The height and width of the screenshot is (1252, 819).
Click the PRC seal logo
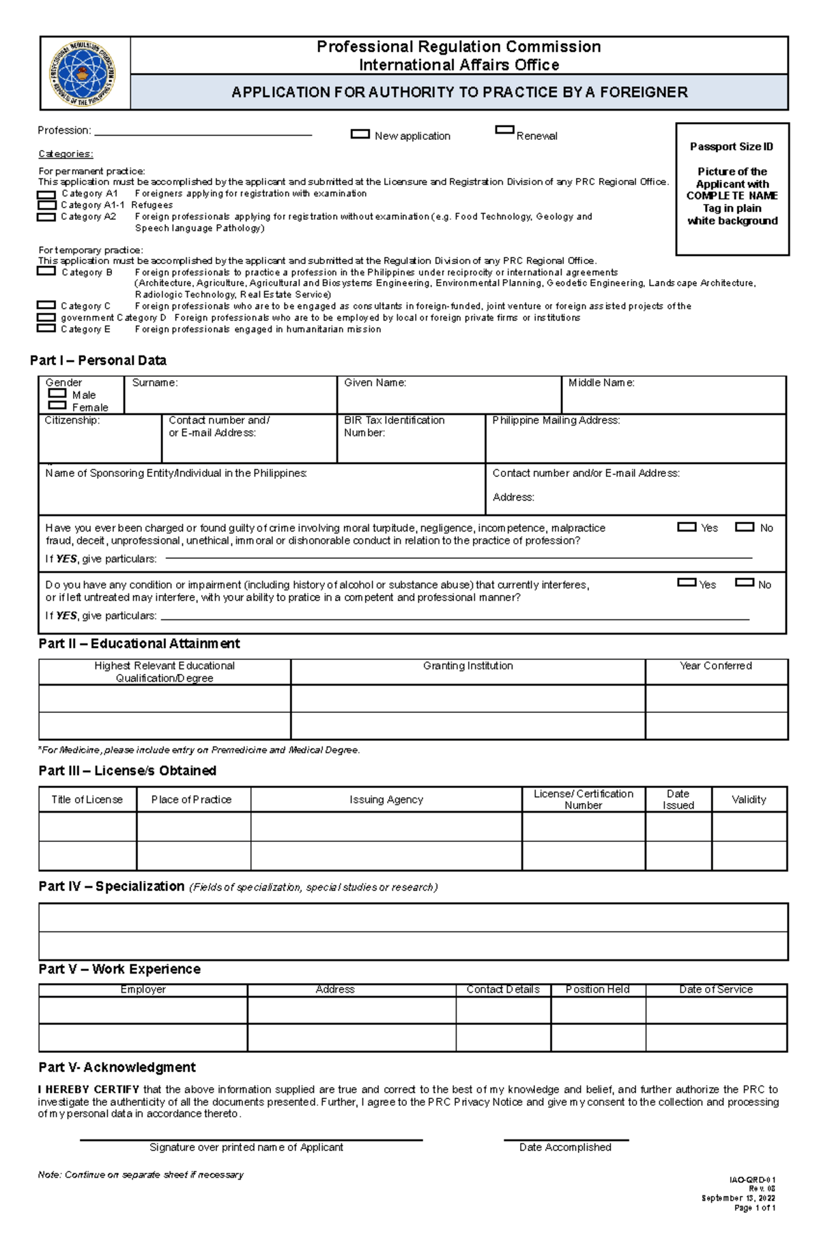click(x=83, y=74)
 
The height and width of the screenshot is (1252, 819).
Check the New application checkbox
click(x=360, y=134)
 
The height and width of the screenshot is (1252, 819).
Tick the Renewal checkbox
click(x=504, y=130)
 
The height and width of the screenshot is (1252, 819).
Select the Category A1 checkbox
click(x=46, y=195)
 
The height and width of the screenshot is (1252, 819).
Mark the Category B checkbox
click(x=46, y=271)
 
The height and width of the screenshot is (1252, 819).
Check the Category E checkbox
click(x=46, y=328)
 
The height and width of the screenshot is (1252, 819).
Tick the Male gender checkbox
click(x=57, y=394)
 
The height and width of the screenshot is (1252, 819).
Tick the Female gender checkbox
click(x=57, y=405)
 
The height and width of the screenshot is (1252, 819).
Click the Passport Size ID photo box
click(x=732, y=189)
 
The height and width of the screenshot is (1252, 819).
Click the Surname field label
click(x=155, y=383)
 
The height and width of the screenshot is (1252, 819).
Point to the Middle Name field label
click(x=601, y=383)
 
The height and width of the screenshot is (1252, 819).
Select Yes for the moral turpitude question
click(x=686, y=527)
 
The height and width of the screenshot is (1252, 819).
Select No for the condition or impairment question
click(x=744, y=583)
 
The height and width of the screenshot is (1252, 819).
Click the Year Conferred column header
click(x=715, y=666)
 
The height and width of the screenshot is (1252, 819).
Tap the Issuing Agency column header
click(x=386, y=800)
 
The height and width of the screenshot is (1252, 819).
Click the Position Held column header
click(x=597, y=989)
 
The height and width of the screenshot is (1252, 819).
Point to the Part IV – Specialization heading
click(x=111, y=886)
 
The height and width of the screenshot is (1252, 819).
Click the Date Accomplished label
click(x=565, y=1148)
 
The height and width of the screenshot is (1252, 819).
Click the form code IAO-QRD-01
click(x=752, y=1180)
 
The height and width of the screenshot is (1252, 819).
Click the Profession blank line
click(x=203, y=134)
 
